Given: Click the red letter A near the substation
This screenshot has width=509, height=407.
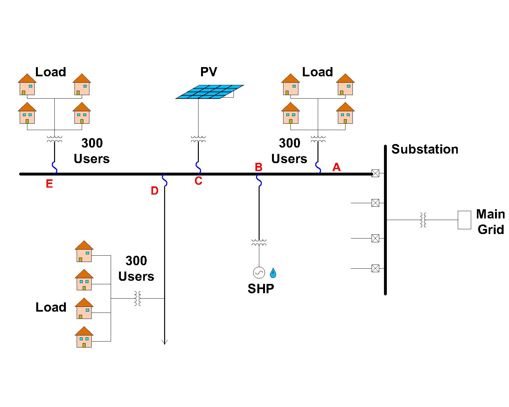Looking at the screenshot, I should (x=336, y=167).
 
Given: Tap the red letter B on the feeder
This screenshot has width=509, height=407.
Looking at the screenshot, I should (x=259, y=167).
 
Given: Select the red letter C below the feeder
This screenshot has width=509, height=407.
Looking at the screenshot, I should (x=198, y=181).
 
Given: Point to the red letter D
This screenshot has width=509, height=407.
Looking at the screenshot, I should (x=154, y=191).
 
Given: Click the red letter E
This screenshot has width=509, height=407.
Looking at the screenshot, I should (x=49, y=184).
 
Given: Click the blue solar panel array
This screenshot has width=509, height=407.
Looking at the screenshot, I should (x=210, y=92).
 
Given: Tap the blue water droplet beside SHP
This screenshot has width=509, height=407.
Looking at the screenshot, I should (x=273, y=273).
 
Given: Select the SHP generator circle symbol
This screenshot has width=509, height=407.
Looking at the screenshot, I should (x=259, y=272).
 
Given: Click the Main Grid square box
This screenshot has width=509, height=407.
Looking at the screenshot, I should (x=464, y=220).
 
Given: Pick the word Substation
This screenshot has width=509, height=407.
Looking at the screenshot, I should (x=425, y=149).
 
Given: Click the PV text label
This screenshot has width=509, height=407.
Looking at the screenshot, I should (x=209, y=72).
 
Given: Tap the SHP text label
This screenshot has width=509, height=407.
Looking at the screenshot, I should (x=261, y=289).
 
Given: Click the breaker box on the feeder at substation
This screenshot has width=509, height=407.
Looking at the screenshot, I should (x=375, y=173).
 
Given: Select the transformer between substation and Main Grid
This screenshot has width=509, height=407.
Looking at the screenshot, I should (x=423, y=220).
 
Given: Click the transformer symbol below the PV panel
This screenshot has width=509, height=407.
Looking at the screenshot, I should (x=198, y=139).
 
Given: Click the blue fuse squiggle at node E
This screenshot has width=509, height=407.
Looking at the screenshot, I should (x=54, y=167).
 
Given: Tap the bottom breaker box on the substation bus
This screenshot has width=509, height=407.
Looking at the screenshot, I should (x=375, y=269).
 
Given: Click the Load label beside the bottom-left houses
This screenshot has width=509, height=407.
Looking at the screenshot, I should (x=51, y=307).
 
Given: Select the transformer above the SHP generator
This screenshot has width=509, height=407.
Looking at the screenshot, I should (x=259, y=243).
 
